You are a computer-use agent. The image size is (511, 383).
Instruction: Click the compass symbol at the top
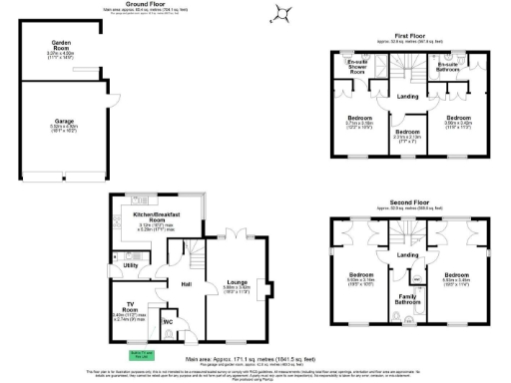pos(284,13)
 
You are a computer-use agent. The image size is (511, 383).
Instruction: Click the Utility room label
pos(131,265)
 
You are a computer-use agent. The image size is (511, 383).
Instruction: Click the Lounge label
pos(237,282)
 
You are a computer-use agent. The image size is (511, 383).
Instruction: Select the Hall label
pos(187,285)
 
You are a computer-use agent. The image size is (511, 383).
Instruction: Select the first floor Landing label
pos(407,96)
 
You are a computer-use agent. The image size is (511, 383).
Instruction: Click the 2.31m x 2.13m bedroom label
pos(407,133)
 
